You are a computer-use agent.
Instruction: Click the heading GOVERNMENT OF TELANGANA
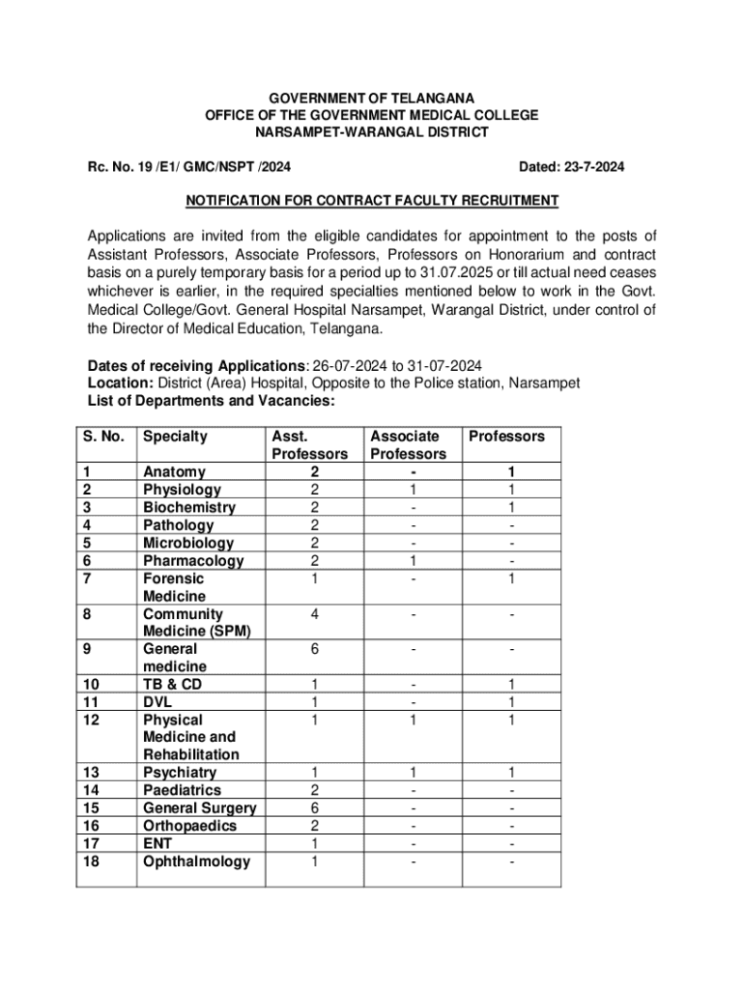371,98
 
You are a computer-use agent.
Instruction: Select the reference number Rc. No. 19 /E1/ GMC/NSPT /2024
188,167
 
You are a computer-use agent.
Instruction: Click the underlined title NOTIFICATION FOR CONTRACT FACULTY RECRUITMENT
372,201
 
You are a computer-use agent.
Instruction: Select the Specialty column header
175,437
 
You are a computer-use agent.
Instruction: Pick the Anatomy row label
174,472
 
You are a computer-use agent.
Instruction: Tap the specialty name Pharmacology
193,561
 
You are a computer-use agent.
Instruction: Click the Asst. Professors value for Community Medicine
314,614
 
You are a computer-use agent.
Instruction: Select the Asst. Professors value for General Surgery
314,808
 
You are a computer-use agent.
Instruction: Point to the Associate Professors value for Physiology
413,491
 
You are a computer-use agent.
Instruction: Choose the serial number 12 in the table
91,721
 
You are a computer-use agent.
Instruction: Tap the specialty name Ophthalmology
196,862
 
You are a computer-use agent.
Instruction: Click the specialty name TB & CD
172,685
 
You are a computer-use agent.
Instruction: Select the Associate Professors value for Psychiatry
413,773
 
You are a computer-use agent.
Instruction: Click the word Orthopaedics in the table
189,826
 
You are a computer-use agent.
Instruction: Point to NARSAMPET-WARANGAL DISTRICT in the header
371,132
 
